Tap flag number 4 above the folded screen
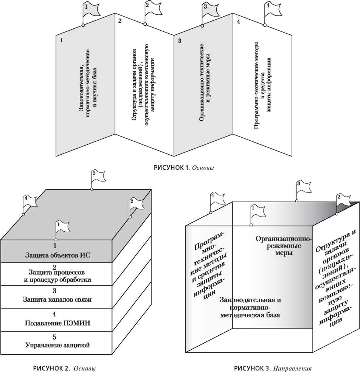(x=271, y=8)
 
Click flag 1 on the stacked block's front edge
(x=62, y=226)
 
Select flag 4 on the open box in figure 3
(x=217, y=198)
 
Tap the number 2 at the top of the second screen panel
(x=120, y=21)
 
